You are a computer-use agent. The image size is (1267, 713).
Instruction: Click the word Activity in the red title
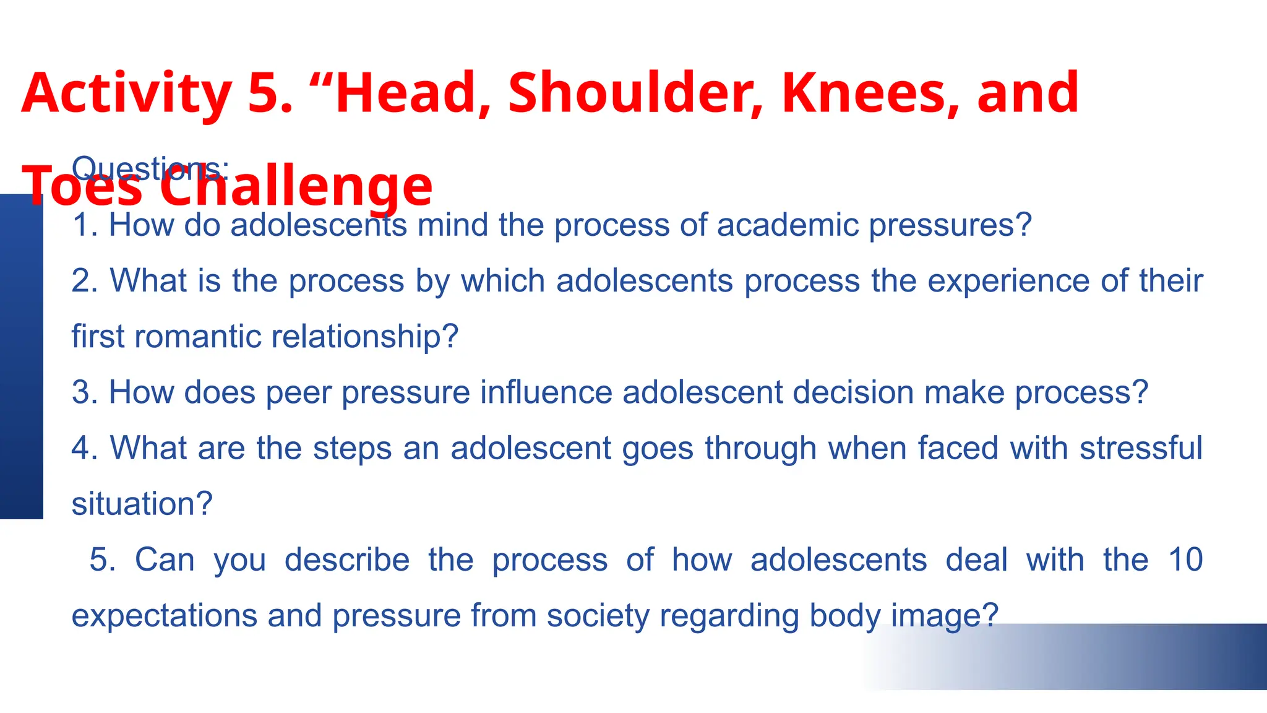pyautogui.click(x=126, y=93)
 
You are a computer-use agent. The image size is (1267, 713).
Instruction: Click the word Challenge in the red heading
pyautogui.click(x=296, y=186)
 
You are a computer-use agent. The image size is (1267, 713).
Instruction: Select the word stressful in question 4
pyautogui.click(x=1141, y=448)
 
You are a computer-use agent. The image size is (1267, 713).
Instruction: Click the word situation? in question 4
pyautogui.click(x=142, y=504)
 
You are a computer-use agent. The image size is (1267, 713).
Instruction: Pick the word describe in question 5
pyautogui.click(x=347, y=560)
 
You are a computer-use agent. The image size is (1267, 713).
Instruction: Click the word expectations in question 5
pyautogui.click(x=165, y=616)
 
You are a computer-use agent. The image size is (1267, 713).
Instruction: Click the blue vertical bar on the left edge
pyautogui.click(x=21, y=356)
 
